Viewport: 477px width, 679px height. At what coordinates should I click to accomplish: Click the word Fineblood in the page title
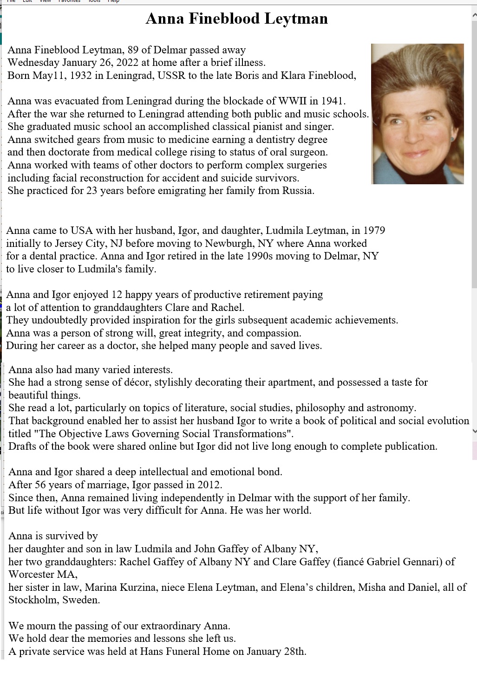[224, 19]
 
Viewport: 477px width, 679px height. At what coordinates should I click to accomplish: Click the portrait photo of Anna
[417, 114]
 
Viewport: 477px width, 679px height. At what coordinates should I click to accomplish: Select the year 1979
[374, 231]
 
